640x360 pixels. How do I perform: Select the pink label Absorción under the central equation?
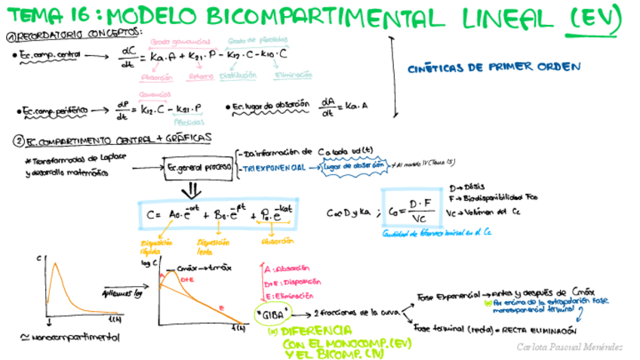[x=157, y=75]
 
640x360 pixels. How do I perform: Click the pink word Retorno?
[x=200, y=75]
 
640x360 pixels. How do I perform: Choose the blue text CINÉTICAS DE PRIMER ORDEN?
[x=494, y=67]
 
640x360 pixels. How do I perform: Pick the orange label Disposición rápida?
[x=158, y=247]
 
